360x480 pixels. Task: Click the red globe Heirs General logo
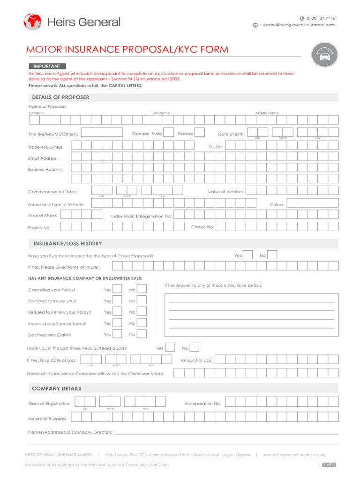click(x=32, y=22)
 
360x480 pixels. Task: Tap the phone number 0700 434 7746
click(x=321, y=18)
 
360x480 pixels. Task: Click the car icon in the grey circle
click(x=324, y=54)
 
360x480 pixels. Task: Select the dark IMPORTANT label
click(x=47, y=66)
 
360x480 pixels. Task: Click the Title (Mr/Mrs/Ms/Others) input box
click(x=102, y=133)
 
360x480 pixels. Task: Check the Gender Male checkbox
click(x=169, y=133)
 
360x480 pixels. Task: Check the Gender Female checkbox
click(x=199, y=133)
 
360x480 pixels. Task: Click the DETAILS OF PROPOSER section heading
click(x=60, y=97)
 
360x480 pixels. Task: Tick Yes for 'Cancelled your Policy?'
click(x=118, y=289)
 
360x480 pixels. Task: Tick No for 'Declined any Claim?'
click(x=142, y=334)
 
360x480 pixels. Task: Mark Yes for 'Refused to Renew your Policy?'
click(x=118, y=312)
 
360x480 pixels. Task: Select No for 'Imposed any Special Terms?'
click(x=142, y=323)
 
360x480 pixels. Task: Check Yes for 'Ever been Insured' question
click(x=248, y=255)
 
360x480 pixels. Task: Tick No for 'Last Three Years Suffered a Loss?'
click(x=194, y=348)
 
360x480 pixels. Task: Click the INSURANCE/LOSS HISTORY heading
click(x=67, y=243)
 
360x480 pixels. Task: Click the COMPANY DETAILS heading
click(x=56, y=388)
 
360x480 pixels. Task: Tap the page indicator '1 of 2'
click(x=329, y=465)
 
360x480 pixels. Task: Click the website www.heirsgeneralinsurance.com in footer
click(x=294, y=454)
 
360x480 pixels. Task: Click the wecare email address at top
click(x=297, y=25)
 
